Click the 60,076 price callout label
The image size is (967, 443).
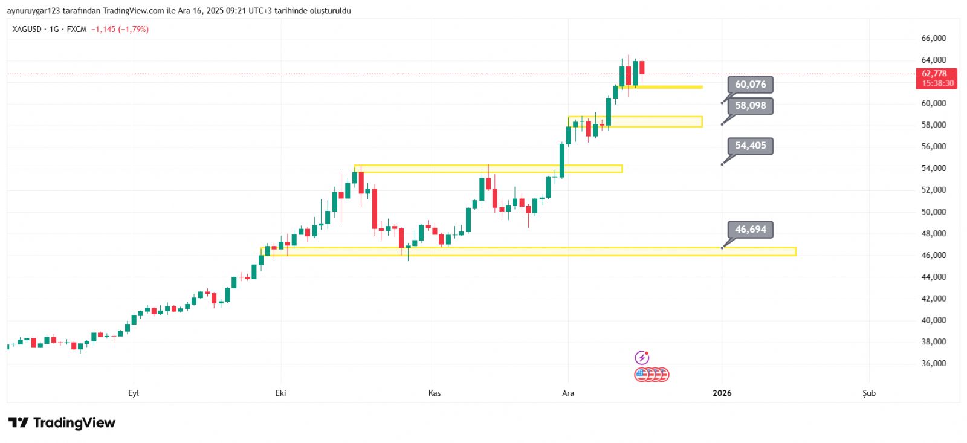pos(750,85)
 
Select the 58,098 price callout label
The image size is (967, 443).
pos(750,106)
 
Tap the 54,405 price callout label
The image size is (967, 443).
pos(750,146)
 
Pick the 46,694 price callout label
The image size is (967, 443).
pos(750,230)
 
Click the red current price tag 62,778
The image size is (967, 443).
pos(936,78)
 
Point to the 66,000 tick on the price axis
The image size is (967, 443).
pos(933,39)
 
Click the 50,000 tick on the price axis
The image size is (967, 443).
pos(933,212)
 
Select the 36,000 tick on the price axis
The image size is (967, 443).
pos(933,364)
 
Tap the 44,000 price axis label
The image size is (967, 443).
pos(933,277)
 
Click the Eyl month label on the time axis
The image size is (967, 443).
pos(134,393)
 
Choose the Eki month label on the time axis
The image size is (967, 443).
pos(280,393)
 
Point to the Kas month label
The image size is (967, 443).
pos(434,393)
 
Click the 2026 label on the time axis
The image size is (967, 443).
pos(722,393)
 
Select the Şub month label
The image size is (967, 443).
pos(868,393)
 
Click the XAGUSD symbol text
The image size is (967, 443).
pos(27,29)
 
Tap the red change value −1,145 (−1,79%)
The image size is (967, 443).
pos(120,29)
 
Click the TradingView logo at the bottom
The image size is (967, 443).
pos(62,423)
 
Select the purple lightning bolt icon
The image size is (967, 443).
pos(642,358)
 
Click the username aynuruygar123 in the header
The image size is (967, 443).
pos(33,11)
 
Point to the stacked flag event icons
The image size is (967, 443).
pos(652,375)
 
